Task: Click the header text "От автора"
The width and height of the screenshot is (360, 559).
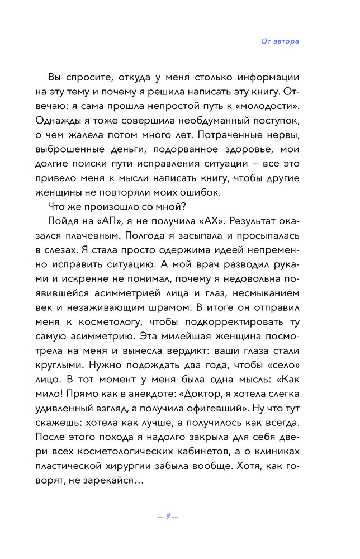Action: [x=280, y=41]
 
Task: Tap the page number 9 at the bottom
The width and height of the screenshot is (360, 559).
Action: [x=167, y=515]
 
